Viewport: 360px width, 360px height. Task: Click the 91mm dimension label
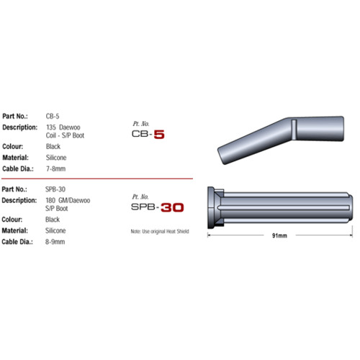(279, 235)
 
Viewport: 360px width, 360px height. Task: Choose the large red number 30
(171, 207)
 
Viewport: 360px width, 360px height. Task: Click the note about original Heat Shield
(163, 230)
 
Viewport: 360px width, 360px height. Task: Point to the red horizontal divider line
(96, 178)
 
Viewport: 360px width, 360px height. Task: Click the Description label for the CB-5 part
(20, 127)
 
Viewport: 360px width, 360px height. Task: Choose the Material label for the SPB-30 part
(17, 230)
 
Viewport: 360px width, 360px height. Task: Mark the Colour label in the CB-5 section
(15, 147)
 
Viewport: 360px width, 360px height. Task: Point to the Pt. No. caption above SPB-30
(140, 196)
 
